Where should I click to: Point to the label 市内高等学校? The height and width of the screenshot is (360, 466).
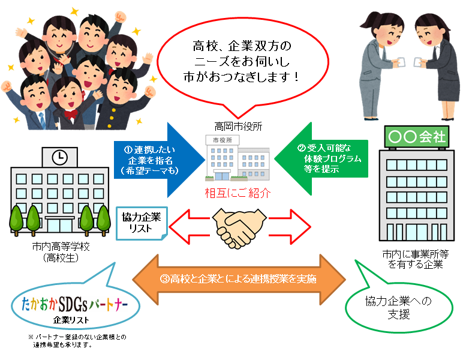[58, 247]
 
